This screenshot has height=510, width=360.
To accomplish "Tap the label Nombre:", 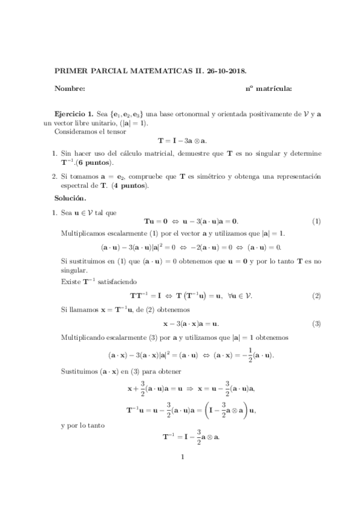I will pos(70,89).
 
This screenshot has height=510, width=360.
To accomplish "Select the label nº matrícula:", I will pos(269,89).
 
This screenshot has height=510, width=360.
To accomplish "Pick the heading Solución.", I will pos(70,198).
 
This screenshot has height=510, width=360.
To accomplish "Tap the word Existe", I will pos(70,281).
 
